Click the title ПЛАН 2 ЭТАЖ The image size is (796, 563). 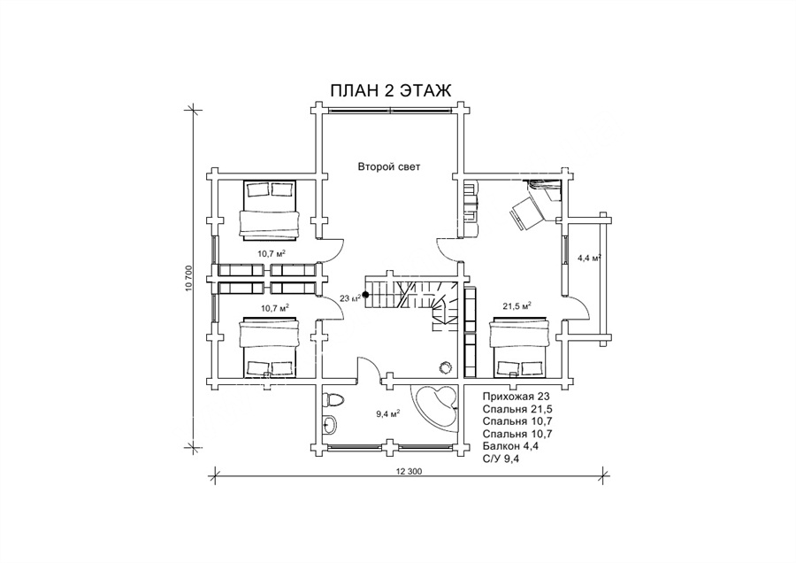390,90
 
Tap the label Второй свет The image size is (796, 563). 389,166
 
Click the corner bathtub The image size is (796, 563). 438,407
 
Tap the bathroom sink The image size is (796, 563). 328,424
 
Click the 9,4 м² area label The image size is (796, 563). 387,413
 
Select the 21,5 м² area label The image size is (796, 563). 517,306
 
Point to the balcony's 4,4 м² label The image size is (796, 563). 589,258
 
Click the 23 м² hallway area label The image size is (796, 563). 350,298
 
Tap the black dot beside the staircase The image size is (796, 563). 365,295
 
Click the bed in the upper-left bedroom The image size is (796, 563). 269,209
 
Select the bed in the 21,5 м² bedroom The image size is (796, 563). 519,348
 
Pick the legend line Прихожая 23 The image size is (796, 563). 517,397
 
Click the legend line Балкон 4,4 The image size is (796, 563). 510,447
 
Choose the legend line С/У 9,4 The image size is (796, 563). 502,459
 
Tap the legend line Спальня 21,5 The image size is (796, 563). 517,409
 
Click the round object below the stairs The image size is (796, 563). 447,366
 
